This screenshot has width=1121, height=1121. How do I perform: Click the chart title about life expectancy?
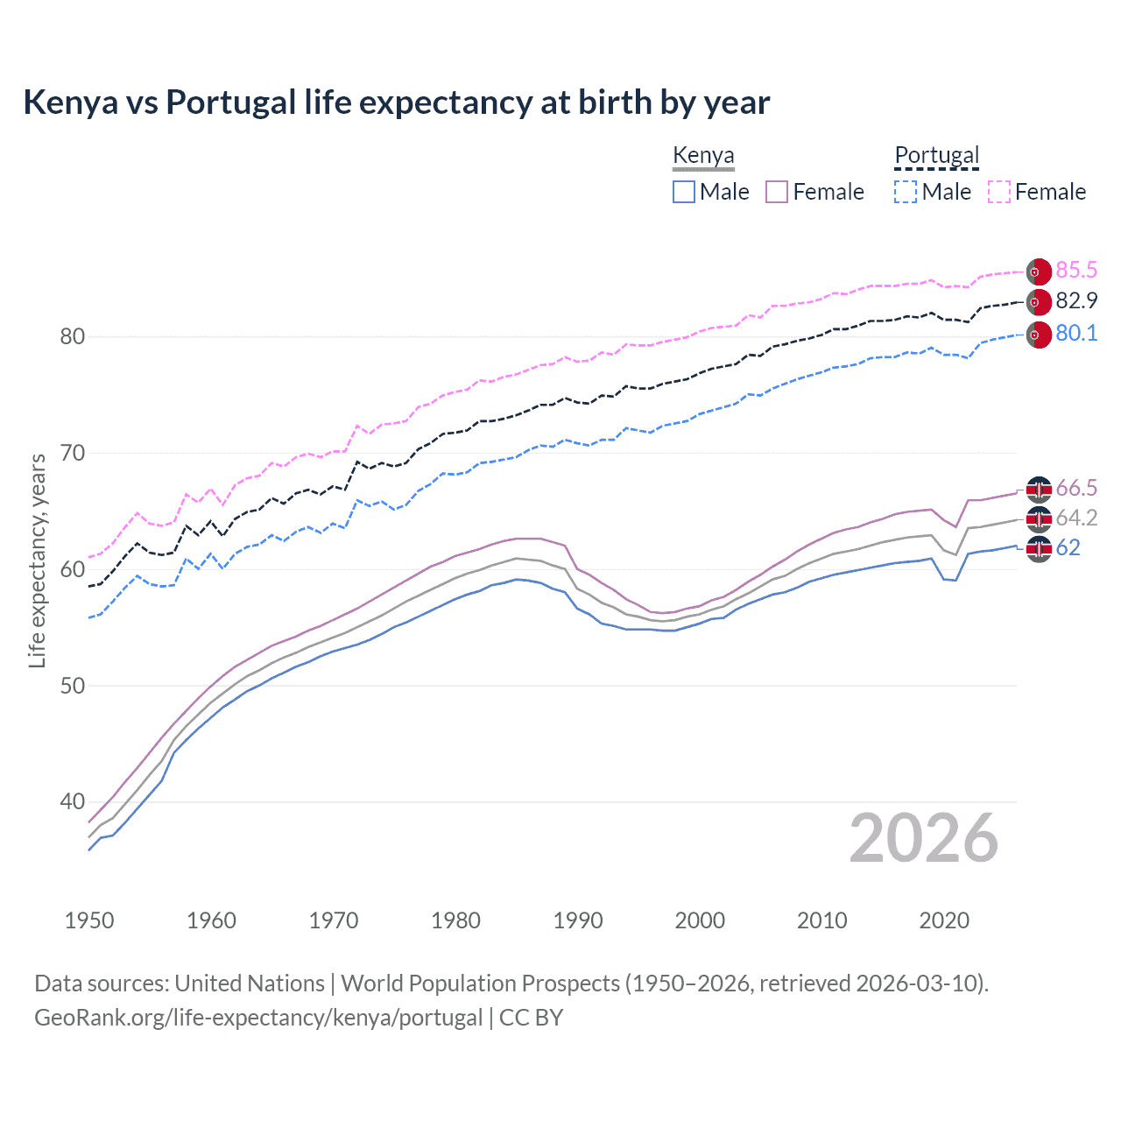396,102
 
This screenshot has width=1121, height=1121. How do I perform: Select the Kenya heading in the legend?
703,155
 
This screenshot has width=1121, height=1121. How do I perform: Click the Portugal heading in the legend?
936,155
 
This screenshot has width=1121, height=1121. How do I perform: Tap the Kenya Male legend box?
684,192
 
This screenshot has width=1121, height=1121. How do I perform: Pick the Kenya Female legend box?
777,192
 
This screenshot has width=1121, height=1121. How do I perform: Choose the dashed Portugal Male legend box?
906,192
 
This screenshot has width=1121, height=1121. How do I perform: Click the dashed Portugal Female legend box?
999,192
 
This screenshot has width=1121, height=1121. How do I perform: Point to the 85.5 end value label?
1076,270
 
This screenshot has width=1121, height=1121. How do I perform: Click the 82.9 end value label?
1076,300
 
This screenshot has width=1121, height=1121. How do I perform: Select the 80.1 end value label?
1076,333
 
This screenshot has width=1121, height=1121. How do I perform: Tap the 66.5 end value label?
1076,488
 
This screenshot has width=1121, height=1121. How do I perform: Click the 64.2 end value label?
1076,518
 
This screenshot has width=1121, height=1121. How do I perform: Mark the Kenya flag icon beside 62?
1039,549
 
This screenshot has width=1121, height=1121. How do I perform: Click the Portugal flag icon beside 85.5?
1039,272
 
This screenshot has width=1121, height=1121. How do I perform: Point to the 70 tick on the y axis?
72,453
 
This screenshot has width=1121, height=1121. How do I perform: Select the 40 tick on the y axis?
72,801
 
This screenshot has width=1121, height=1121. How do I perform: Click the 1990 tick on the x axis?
578,920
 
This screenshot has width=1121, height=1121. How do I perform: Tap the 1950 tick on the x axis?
89,920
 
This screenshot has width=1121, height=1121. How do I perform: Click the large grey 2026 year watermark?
923,838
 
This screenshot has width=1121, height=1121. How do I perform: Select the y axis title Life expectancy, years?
37,560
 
